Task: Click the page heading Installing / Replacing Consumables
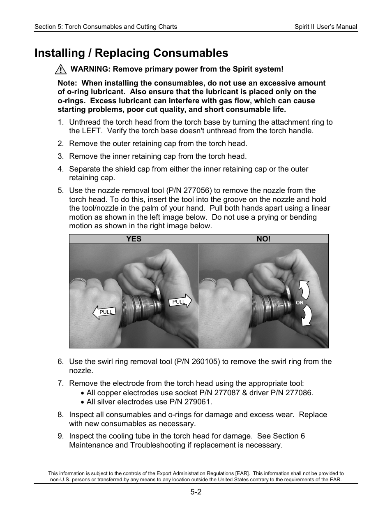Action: [x=131, y=53]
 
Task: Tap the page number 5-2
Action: [x=196, y=492]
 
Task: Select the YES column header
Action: [x=134, y=239]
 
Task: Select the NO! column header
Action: [x=263, y=239]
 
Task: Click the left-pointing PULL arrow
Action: [x=104, y=312]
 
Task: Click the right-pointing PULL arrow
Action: [x=180, y=302]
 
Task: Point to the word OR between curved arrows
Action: [x=300, y=303]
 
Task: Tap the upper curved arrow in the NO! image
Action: [x=304, y=290]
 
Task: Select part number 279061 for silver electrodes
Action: [x=198, y=402]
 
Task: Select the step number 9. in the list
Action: [x=61, y=436]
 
